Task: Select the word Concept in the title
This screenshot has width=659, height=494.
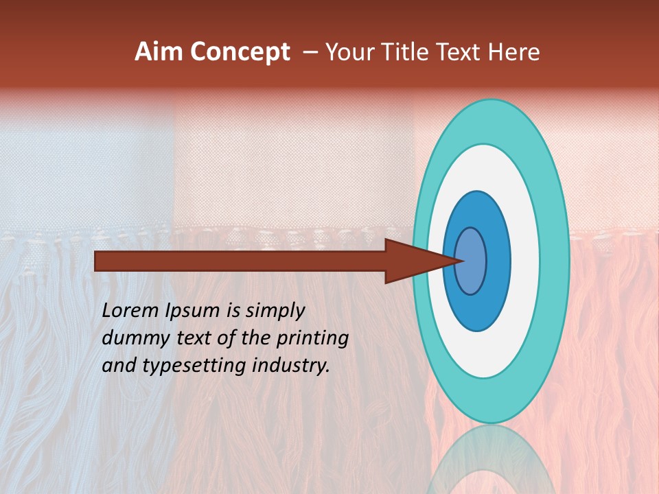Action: pyautogui.click(x=240, y=52)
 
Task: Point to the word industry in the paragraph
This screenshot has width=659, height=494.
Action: pyautogui.click(x=290, y=366)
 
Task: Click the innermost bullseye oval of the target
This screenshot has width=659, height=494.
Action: pyautogui.click(x=471, y=261)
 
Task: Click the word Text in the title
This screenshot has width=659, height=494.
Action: pyautogui.click(x=463, y=52)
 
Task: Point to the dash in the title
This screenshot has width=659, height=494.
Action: pyautogui.click(x=310, y=52)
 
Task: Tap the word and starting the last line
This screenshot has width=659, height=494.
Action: pyautogui.click(x=118, y=366)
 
